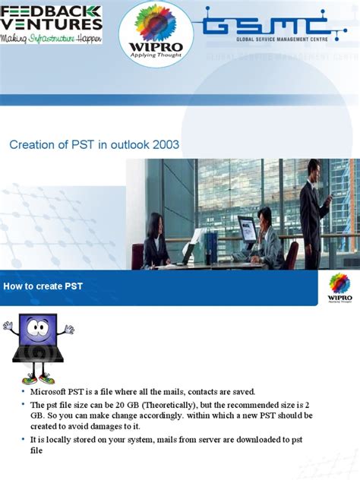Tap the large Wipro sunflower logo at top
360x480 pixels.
[156, 30]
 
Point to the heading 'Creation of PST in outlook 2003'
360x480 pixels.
[94, 145]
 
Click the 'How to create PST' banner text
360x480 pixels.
[43, 286]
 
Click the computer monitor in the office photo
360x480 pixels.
[247, 227]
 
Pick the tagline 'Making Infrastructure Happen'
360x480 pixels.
[51, 38]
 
